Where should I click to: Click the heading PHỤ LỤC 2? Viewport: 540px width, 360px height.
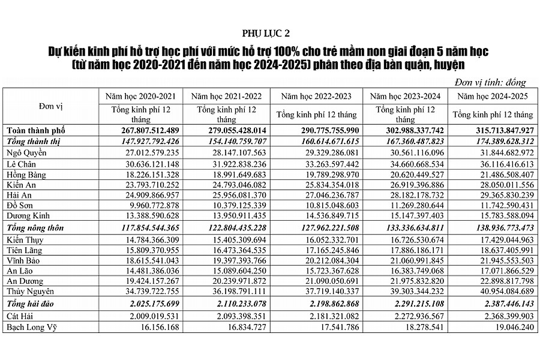tap(269, 32)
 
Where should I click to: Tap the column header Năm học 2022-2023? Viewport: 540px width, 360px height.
tap(315, 96)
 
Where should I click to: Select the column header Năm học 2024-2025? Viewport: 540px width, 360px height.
tap(492, 96)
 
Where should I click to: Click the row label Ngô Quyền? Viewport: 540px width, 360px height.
tap(27, 152)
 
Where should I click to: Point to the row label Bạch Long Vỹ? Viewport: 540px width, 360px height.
tap(33, 327)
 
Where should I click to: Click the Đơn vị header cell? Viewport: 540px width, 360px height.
tap(51, 106)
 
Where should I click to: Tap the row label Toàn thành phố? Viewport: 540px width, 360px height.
tap(35, 130)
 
